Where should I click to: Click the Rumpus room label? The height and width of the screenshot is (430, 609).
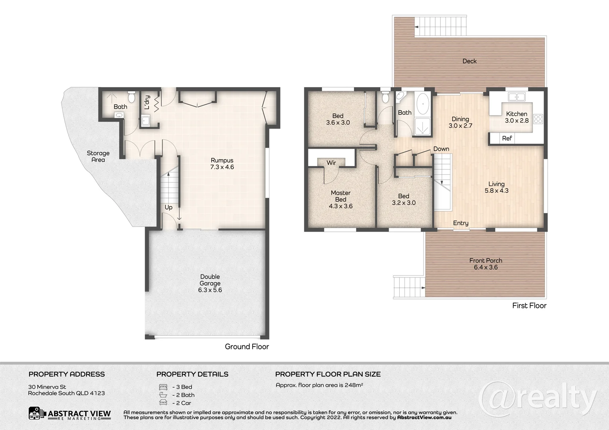point(222,160)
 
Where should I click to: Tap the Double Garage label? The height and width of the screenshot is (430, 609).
point(210,280)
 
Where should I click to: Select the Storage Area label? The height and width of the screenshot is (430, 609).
point(98,156)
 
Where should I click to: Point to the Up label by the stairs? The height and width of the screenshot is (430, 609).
point(169,207)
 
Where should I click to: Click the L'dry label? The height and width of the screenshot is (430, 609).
point(147,102)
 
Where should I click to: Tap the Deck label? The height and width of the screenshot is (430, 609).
point(470,61)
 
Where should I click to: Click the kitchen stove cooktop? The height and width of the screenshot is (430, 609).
point(538,119)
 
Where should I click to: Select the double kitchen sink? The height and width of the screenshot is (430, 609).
point(517,97)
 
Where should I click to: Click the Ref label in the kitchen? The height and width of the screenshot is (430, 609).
point(507,138)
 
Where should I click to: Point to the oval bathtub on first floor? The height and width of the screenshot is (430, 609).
point(422,104)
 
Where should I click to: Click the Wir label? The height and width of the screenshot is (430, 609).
point(331,163)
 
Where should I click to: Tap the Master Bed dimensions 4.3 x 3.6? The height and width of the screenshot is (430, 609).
point(340,206)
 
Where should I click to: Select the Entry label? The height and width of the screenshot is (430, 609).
point(461,223)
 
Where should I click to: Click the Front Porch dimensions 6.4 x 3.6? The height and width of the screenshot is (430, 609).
point(486,267)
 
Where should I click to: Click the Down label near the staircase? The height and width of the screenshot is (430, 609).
point(441,149)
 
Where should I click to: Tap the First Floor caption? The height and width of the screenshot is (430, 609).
point(529,306)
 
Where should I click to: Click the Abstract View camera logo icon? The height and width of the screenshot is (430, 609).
point(36,413)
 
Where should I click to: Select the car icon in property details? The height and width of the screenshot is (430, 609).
point(163,403)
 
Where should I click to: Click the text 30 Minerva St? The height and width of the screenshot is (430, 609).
point(47,387)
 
